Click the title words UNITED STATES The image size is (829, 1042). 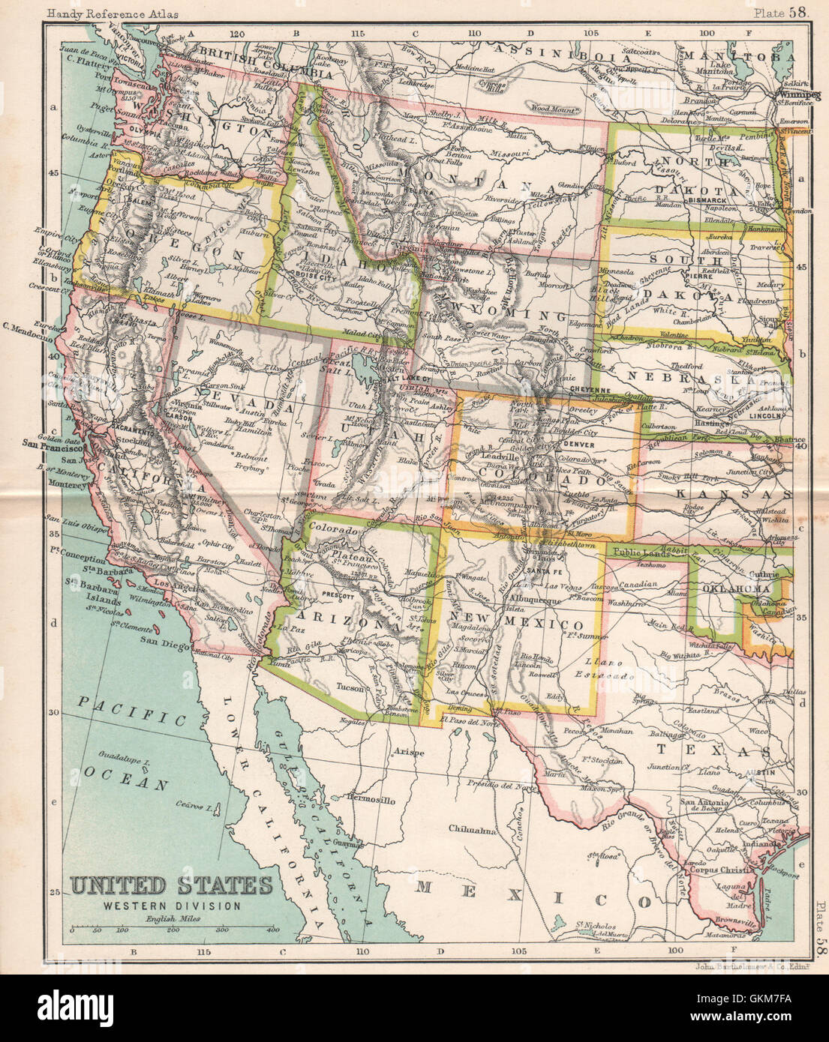pyautogui.click(x=172, y=886)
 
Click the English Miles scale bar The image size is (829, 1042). pyautogui.click(x=173, y=930)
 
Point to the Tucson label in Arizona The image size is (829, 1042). pyautogui.click(x=353, y=687)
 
